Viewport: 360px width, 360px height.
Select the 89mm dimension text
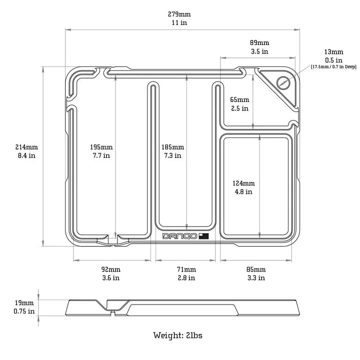point(259,42)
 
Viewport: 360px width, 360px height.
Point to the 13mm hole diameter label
point(333,51)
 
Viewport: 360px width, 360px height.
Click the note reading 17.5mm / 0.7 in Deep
point(333,66)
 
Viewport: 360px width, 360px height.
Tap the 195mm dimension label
point(100,147)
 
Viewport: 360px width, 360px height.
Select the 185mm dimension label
point(172,147)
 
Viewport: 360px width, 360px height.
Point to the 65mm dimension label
point(239,99)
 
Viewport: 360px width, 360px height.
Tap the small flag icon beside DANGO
point(203,236)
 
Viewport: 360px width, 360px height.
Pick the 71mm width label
point(186,269)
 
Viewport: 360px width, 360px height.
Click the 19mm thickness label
point(24,303)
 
